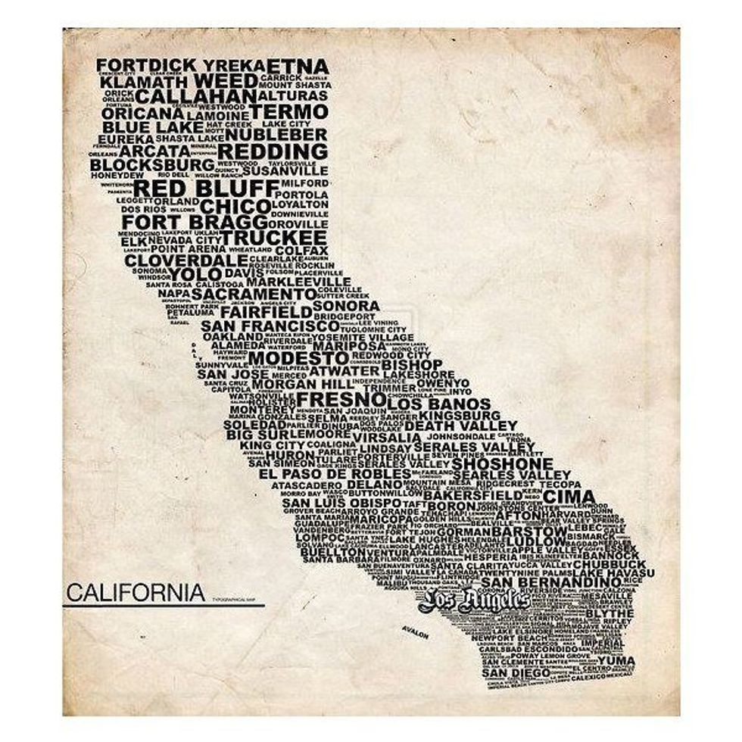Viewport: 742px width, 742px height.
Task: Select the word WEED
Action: pyautogui.click(x=226, y=80)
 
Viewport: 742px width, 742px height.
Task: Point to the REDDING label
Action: pyautogui.click(x=273, y=151)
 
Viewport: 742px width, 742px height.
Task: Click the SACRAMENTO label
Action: pyautogui.click(x=253, y=294)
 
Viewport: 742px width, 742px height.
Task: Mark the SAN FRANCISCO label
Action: pyautogui.click(x=259, y=326)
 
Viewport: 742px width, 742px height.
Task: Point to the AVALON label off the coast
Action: pyautogui.click(x=415, y=633)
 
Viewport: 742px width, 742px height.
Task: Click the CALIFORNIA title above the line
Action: pyautogui.click(x=135, y=591)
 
